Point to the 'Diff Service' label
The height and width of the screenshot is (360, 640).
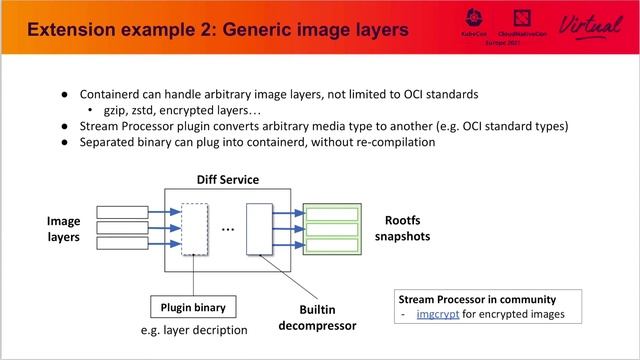pos(228,180)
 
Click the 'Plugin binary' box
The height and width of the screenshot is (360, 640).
pos(190,305)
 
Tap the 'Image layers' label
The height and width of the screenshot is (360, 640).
pos(63,229)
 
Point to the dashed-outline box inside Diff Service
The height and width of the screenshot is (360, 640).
pos(195,229)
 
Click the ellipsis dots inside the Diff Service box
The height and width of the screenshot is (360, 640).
pos(227,230)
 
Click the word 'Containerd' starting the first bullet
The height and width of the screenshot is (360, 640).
pos(110,94)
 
